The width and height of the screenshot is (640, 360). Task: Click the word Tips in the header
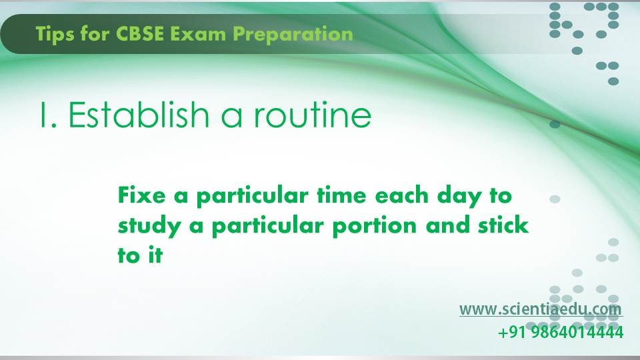pos(54,34)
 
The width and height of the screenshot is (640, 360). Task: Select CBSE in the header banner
pos(140,34)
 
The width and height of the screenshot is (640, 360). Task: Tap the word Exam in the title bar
pos(198,34)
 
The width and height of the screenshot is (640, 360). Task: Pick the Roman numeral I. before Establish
pos(48,115)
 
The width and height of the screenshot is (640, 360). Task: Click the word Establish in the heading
pos(139,115)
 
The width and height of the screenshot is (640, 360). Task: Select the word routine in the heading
pos(313,115)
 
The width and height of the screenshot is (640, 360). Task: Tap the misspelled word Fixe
pos(141,195)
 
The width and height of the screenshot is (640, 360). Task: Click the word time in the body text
pos(341,195)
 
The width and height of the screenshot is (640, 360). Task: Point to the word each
pos(401,195)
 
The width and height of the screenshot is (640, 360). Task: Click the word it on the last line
pos(155,255)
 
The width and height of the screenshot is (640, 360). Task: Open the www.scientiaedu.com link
pos(541,309)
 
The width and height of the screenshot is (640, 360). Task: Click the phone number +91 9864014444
pos(561,332)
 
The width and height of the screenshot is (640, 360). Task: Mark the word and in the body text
pos(447,225)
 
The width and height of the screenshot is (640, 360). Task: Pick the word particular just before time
pos(252,197)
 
